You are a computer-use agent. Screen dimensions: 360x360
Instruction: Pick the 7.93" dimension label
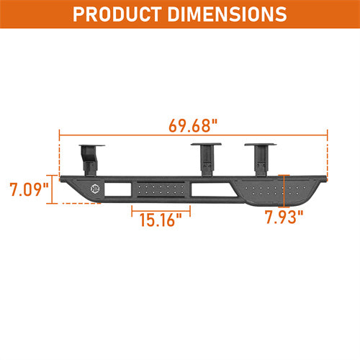click(283, 217)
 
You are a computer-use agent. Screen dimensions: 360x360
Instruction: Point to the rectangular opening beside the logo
click(117, 190)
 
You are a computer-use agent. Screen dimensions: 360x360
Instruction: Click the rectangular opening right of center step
click(204, 190)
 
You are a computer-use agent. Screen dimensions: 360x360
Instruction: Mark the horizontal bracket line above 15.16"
click(161, 209)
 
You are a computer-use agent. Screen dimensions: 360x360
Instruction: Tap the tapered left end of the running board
click(71, 189)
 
